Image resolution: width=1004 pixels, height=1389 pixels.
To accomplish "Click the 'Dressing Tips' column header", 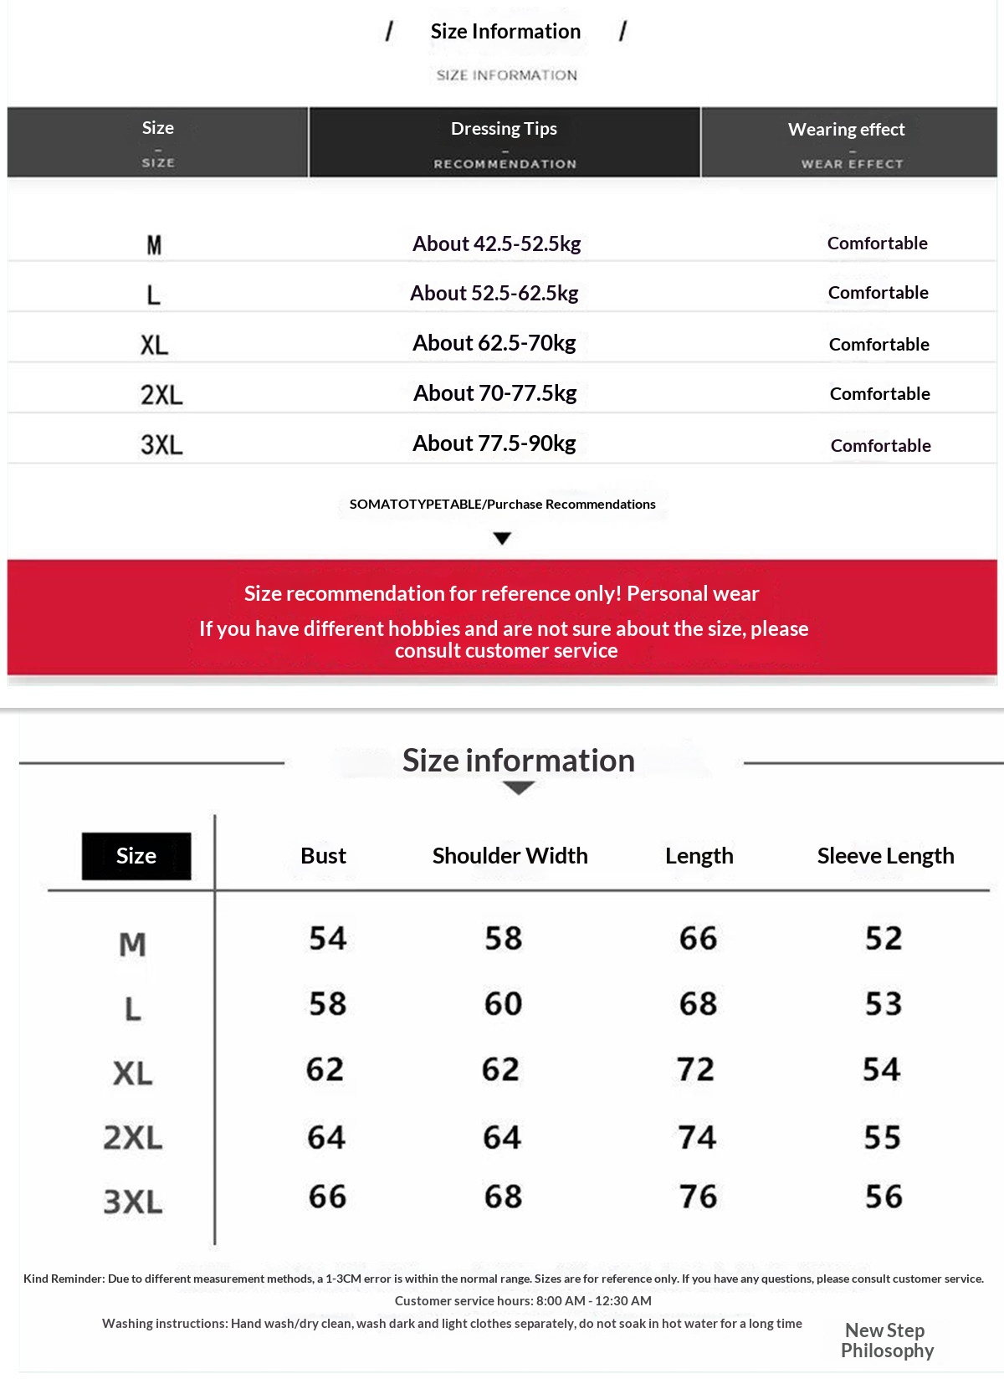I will click(504, 129).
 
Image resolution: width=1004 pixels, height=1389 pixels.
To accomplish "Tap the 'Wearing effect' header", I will click(846, 130).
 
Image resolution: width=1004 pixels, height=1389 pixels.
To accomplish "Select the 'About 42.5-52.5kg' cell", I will click(496, 243).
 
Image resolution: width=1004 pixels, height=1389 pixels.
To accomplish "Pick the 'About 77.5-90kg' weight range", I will click(494, 443).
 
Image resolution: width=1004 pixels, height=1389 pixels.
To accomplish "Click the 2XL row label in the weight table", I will click(161, 394).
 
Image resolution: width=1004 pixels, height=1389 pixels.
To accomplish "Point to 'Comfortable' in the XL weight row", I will click(878, 344).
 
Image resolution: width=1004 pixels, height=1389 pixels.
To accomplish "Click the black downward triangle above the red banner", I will click(502, 538).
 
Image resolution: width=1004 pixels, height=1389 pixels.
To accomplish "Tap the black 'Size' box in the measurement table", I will click(136, 856).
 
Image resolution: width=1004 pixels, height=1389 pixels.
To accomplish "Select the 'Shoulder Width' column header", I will click(510, 856).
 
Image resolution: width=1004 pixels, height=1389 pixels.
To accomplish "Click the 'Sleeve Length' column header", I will click(885, 856).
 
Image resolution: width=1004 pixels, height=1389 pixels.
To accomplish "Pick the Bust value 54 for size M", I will click(327, 938).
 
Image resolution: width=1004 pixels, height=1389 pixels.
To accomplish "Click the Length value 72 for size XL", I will click(695, 1069).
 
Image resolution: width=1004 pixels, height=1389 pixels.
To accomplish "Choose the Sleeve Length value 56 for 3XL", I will click(884, 1197).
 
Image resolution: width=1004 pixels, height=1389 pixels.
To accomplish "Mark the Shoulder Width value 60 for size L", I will click(503, 1004).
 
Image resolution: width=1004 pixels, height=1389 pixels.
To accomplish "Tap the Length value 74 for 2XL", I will click(697, 1137).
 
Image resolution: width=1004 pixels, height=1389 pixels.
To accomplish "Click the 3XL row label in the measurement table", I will click(133, 1202).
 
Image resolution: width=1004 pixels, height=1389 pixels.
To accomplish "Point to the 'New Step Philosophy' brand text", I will click(886, 1340).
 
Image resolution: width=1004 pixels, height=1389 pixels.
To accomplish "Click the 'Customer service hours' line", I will click(522, 1301).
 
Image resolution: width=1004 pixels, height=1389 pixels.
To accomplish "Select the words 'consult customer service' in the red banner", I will click(506, 651).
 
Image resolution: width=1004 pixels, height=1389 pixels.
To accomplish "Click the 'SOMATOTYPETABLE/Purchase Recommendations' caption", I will click(502, 504).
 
